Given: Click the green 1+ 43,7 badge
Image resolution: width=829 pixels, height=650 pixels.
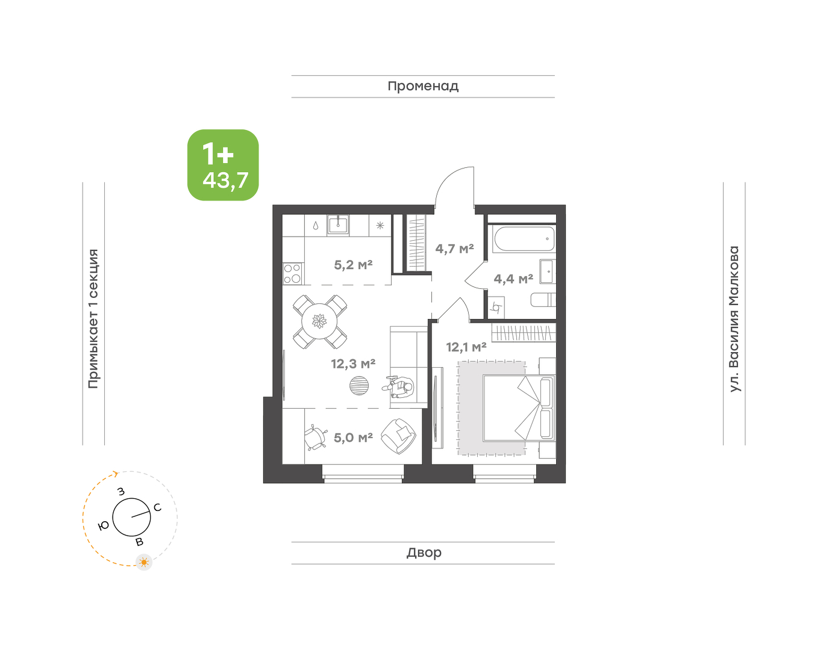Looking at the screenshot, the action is click(x=223, y=165).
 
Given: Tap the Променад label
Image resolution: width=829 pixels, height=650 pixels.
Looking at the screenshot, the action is click(x=423, y=87).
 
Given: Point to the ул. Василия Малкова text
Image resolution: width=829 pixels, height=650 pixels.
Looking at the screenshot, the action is click(x=734, y=319).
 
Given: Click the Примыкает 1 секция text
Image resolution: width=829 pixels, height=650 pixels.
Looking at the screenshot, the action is click(x=93, y=319).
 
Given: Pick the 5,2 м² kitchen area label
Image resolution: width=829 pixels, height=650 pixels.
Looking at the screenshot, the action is click(x=353, y=265).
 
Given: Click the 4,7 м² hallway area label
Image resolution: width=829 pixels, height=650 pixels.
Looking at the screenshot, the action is click(x=454, y=249).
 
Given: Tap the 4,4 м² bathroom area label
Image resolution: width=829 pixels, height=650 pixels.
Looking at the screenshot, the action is click(x=513, y=279).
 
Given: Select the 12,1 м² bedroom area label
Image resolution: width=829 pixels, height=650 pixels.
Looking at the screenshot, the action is click(x=466, y=347).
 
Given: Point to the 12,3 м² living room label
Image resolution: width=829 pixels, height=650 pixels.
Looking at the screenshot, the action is click(x=353, y=364).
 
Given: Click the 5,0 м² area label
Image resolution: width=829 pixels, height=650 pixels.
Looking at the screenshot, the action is click(x=353, y=438).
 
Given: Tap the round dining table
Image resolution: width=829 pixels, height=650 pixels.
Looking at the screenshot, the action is click(x=319, y=321).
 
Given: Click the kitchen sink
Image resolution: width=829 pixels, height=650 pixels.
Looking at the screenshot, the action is click(x=338, y=225).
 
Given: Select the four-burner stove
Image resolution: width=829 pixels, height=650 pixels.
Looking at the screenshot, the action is click(x=293, y=274).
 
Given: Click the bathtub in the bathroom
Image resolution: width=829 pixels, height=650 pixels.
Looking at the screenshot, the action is click(x=524, y=238).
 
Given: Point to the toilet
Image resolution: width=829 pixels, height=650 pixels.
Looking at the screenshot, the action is click(x=543, y=300).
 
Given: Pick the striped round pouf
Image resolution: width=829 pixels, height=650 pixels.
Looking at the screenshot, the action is click(x=359, y=386).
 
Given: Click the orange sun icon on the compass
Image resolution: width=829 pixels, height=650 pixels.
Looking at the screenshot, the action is click(x=144, y=562).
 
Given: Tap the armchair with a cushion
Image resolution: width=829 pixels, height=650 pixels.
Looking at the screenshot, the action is click(x=398, y=436).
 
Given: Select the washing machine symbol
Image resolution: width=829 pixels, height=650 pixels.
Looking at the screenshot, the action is click(x=496, y=308).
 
